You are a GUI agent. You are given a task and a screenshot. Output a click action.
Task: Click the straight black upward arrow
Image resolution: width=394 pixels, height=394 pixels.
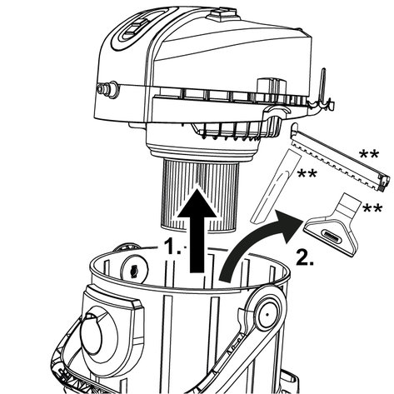197,231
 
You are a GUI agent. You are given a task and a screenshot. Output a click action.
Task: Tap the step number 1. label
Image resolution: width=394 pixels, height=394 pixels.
172,246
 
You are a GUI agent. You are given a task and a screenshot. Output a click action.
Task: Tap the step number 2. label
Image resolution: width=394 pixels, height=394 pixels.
305,257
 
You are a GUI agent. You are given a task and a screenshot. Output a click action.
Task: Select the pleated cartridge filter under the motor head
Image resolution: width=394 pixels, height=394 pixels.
200,194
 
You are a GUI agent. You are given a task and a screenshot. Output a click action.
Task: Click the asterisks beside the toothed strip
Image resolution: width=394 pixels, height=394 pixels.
369,154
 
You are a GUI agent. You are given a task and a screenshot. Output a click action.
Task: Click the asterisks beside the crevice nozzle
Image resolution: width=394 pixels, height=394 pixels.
307,174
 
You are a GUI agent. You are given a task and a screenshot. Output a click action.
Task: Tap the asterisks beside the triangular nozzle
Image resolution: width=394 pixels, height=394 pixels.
372,208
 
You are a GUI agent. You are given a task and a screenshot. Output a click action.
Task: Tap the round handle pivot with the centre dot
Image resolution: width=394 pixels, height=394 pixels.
267,315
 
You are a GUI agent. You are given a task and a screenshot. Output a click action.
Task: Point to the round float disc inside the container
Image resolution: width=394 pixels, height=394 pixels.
134,269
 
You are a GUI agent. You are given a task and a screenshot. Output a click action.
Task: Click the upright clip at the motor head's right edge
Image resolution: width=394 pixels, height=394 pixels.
323,90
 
